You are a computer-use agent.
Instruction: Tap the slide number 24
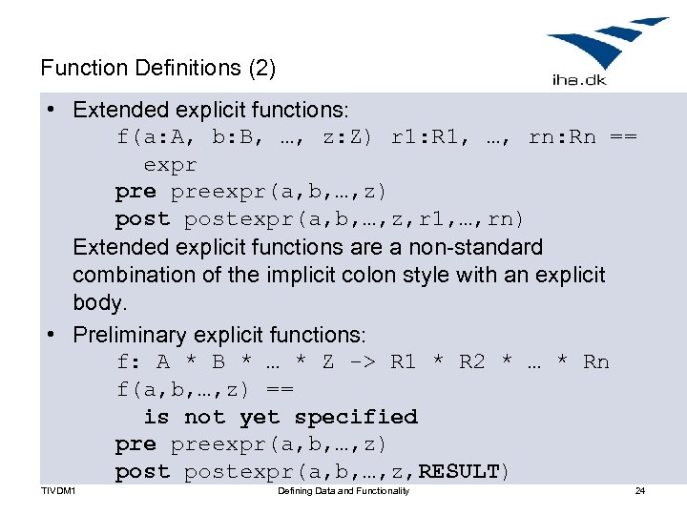click(x=640, y=491)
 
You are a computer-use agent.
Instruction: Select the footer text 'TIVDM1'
click(x=59, y=491)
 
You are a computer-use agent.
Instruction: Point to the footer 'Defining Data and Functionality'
click(x=343, y=491)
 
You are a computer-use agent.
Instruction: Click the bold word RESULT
click(x=459, y=471)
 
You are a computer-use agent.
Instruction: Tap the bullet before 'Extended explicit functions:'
click(x=49, y=110)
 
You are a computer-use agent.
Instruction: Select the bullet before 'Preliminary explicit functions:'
click(x=49, y=335)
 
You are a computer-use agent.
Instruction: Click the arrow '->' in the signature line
click(x=363, y=362)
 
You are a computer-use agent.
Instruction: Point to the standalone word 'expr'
click(x=170, y=164)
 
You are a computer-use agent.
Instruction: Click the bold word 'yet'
click(x=260, y=417)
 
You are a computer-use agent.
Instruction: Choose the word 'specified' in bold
click(x=356, y=417)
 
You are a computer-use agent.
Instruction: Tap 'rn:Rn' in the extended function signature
click(x=562, y=137)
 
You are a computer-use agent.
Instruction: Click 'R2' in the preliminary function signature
click(x=472, y=362)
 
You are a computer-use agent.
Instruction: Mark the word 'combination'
click(x=132, y=276)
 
